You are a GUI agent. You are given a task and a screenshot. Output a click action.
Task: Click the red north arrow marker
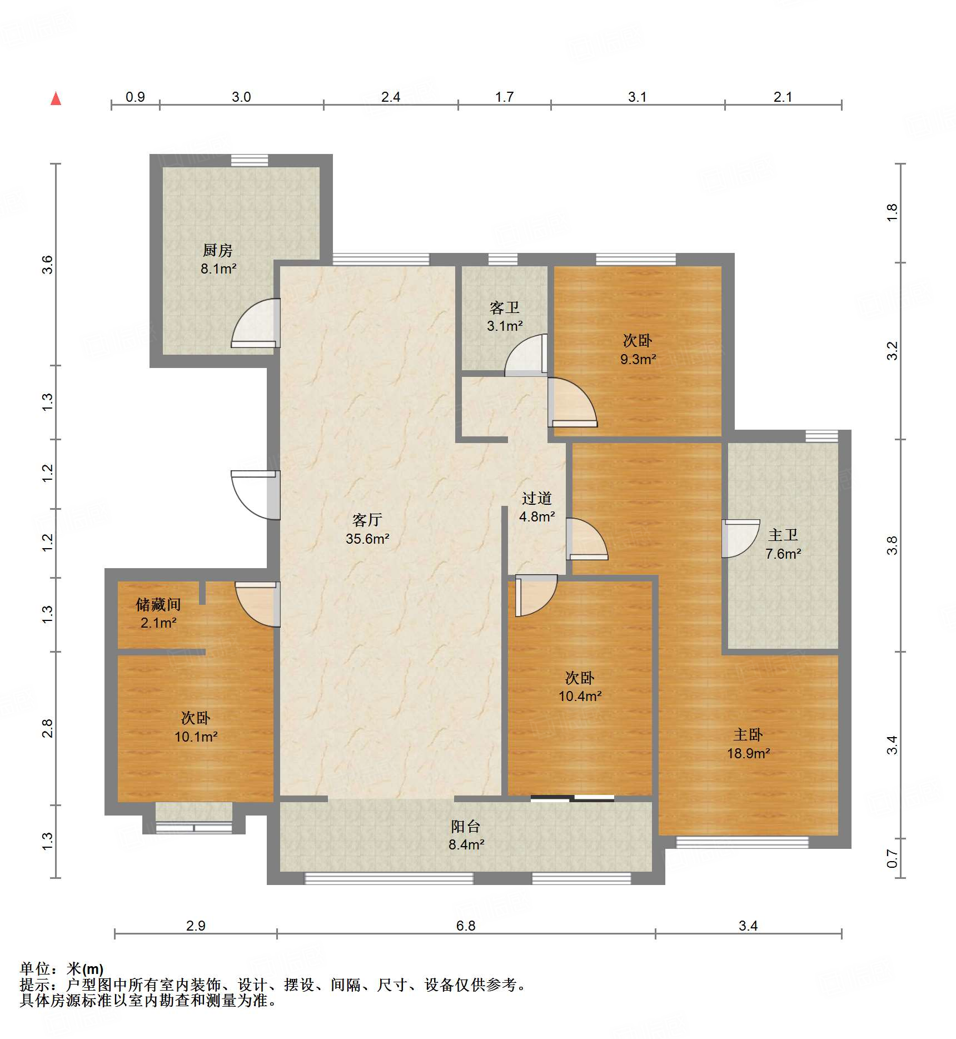tap(56, 98)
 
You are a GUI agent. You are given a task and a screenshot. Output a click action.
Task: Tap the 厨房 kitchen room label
tap(217, 250)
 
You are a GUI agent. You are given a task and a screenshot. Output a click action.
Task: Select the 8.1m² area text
tap(218, 269)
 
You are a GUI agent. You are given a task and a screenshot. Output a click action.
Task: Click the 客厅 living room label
tap(367, 520)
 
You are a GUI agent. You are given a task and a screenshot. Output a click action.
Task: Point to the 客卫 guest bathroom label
tap(505, 307)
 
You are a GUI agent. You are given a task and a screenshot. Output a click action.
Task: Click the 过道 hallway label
tap(537, 498)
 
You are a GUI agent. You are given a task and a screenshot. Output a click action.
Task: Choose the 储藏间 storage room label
tap(158, 604)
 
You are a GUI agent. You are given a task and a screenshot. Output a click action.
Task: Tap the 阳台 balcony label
tap(466, 826)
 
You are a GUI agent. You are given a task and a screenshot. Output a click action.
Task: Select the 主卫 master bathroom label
tap(783, 535)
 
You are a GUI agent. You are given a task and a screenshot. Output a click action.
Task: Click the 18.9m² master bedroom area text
tap(749, 753)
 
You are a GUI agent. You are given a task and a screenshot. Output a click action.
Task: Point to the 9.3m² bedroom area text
tap(638, 359)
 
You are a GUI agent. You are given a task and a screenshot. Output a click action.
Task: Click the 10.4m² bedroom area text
tap(580, 696)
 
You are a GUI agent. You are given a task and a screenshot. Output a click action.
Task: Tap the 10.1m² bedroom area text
tap(196, 737)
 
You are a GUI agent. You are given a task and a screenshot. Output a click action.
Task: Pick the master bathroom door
tap(740, 538)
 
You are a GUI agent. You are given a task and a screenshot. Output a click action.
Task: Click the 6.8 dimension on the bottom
tap(466, 926)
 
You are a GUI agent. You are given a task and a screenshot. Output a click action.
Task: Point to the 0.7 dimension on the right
tap(892, 858)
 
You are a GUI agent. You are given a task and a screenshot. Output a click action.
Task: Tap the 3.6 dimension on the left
tap(47, 265)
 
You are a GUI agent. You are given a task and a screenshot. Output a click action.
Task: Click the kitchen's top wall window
tap(250, 160)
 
